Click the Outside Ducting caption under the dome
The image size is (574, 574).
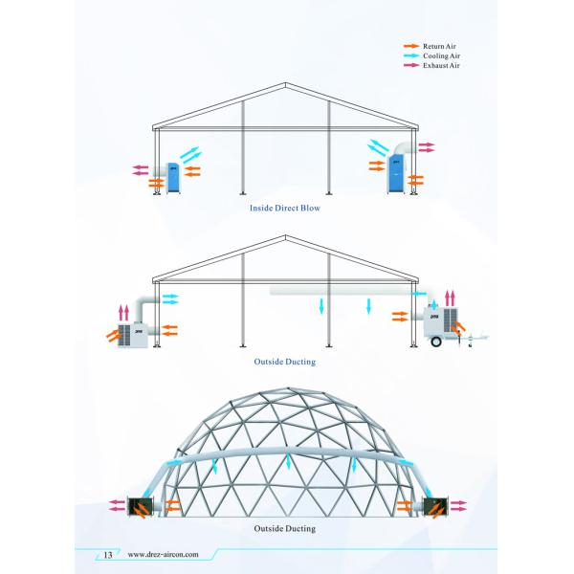pyautogui.click(x=285, y=528)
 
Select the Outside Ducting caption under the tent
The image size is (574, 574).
pyautogui.click(x=285, y=364)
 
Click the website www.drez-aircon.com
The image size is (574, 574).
pyautogui.click(x=163, y=554)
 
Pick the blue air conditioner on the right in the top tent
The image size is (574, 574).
pyautogui.click(x=395, y=173)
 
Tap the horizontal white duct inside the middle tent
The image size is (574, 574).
pyautogui.click(x=340, y=288)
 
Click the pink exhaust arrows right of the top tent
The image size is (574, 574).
pyautogui.click(x=427, y=147)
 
